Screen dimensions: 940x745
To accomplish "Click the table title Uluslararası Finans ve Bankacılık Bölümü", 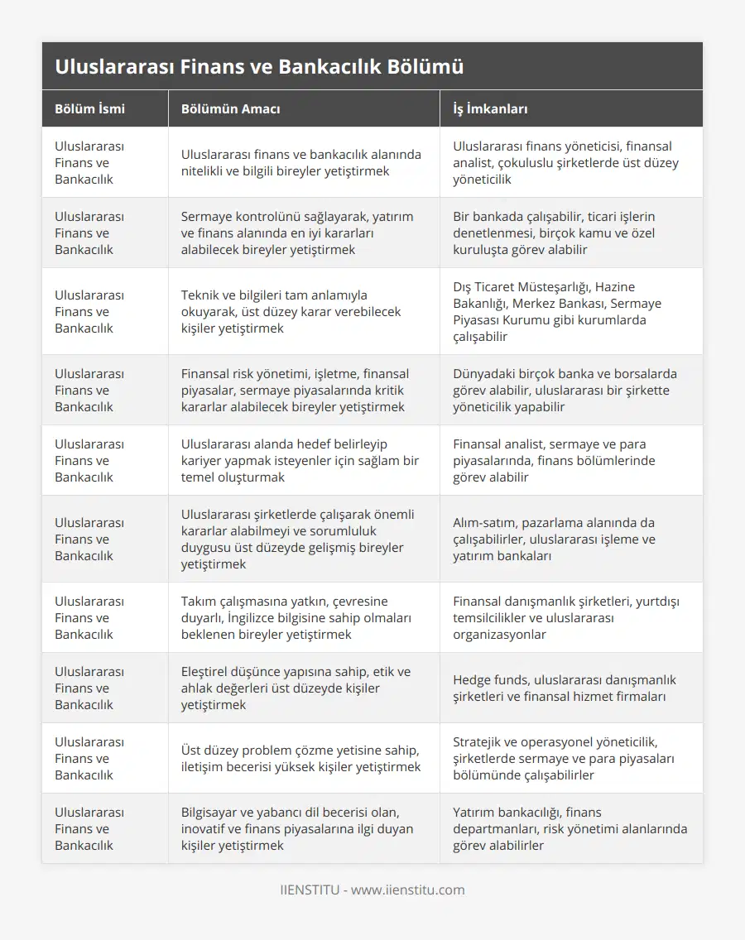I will [x=259, y=67].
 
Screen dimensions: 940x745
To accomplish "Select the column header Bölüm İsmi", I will [x=90, y=109].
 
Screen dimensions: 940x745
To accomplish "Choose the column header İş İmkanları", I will [x=491, y=109].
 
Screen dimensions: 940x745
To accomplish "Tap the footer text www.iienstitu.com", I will [x=408, y=890].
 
